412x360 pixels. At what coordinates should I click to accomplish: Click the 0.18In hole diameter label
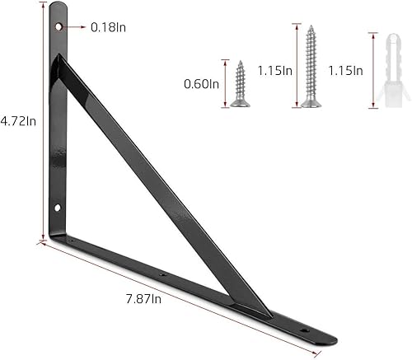click(x=109, y=28)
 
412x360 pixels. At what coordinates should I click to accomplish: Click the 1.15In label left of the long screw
click(x=276, y=71)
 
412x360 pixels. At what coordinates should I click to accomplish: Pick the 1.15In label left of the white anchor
click(x=345, y=71)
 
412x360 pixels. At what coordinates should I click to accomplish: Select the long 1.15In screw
click(x=310, y=66)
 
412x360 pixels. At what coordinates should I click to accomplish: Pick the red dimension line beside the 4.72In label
click(x=41, y=124)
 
